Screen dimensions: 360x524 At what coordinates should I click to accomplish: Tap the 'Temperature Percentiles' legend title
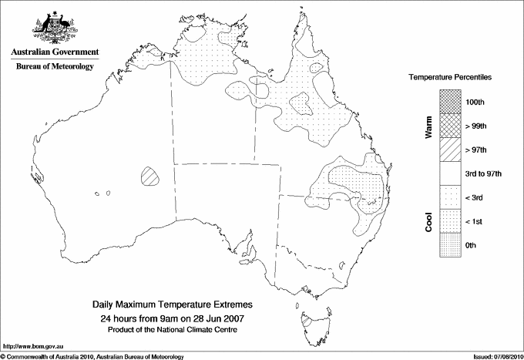coord(451,78)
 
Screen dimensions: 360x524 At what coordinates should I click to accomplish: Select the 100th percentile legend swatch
coord(451,101)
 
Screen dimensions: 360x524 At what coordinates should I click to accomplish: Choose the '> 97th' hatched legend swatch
coord(451,149)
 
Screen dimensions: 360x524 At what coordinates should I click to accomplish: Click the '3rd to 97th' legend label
coord(483,173)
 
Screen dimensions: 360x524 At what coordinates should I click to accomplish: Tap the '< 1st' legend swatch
coord(451,221)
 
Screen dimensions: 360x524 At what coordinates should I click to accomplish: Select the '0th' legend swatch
coord(451,245)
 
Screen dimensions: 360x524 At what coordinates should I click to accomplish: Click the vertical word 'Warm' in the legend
coord(429,126)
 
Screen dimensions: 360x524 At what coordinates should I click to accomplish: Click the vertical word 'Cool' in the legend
coord(429,221)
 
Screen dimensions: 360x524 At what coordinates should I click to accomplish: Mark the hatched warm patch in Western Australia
coord(151,177)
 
